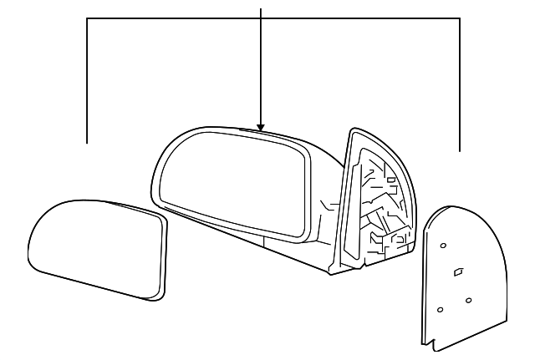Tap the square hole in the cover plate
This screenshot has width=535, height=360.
coord(457,272)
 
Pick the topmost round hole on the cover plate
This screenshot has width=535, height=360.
coord(443,245)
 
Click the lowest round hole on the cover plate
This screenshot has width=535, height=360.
coord(440,310)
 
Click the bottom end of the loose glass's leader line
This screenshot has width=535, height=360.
coord(88,142)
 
